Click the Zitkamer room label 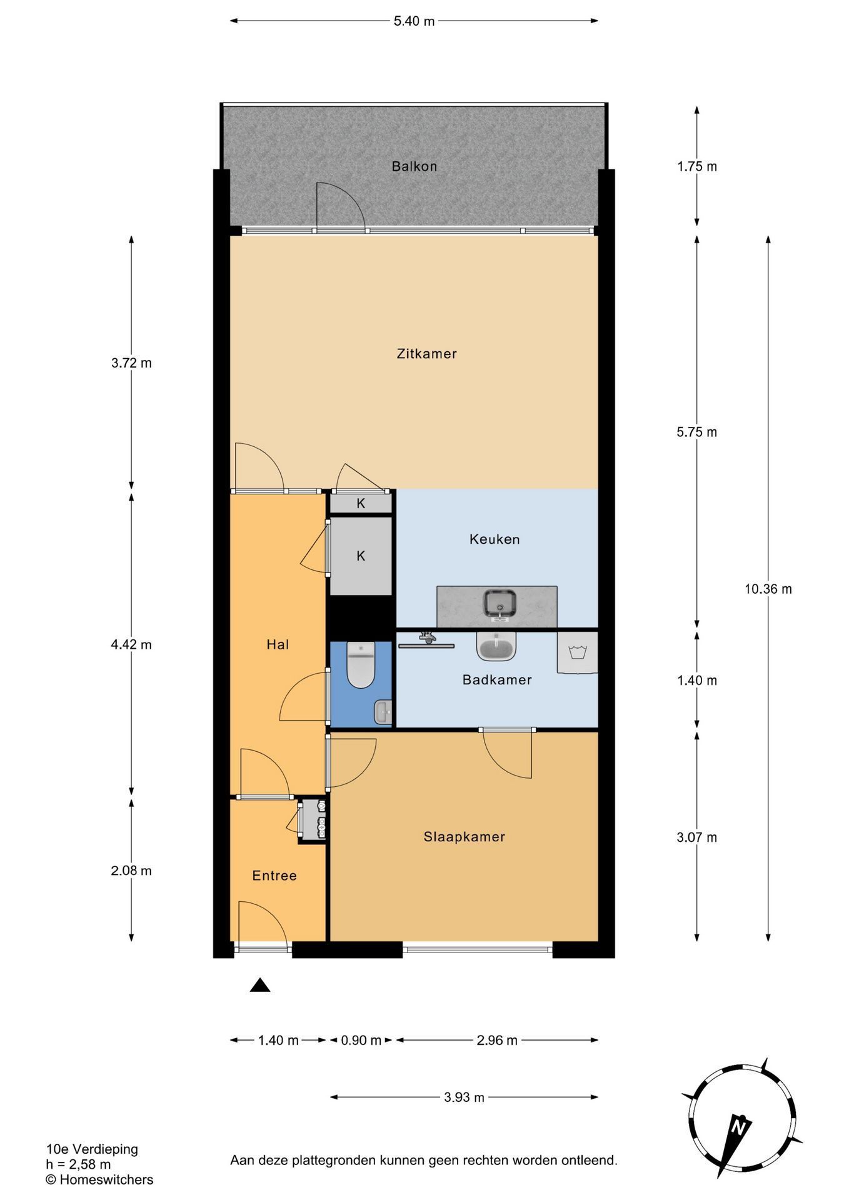click(426, 354)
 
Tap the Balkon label click(414, 166)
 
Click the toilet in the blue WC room click(361, 665)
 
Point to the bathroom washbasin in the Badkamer click(496, 646)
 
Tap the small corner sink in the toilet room click(383, 711)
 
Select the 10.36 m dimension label click(768, 589)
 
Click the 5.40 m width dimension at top click(414, 21)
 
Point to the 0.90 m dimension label click(361, 1041)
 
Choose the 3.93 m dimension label click(464, 1097)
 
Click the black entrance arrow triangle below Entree click(260, 986)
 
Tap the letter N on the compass click(740, 1127)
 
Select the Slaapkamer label click(464, 837)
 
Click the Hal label click(278, 644)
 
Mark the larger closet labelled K click(361, 556)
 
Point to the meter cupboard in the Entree click(313, 821)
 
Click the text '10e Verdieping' click(92, 1149)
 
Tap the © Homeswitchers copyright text click(99, 1179)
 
